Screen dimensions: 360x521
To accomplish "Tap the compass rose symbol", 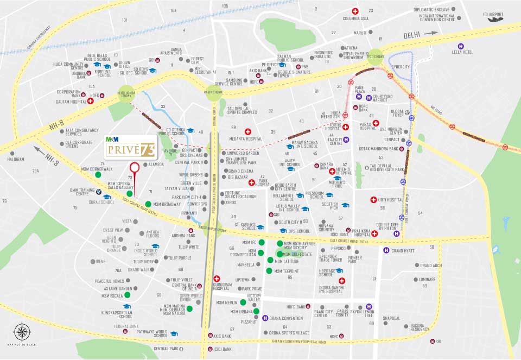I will (x=22, y=331).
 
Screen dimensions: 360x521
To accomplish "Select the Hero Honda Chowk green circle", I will (x=125, y=93).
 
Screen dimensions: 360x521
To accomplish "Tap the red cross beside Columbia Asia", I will (x=355, y=11).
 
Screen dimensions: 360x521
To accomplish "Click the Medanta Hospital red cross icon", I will (x=248, y=131).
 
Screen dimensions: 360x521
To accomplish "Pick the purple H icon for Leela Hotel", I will (x=461, y=46).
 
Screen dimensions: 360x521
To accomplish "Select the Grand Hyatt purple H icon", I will (x=386, y=250).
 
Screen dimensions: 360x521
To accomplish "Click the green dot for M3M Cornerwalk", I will (x=98, y=175).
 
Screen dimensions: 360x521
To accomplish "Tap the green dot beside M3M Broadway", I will (x=148, y=204).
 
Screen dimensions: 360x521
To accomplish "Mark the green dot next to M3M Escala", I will (x=127, y=295).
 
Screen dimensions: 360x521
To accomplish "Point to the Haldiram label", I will (x=15, y=159).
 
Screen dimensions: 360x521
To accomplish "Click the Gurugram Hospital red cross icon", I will (x=217, y=279).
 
